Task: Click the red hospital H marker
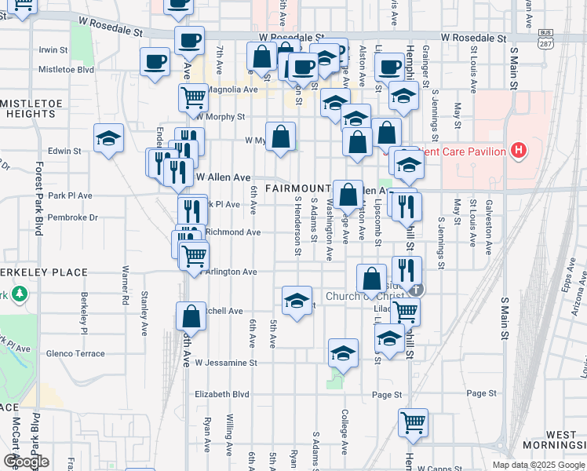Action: click(518, 149)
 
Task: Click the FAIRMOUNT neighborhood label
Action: click(297, 189)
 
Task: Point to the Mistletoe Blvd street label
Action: click(66, 69)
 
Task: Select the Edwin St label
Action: click(65, 151)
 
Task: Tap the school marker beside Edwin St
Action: click(108, 140)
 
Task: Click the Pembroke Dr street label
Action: click(72, 217)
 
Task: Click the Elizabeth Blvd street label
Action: click(221, 395)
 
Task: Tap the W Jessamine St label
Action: click(226, 363)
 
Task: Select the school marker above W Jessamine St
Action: click(343, 354)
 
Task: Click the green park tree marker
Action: click(19, 295)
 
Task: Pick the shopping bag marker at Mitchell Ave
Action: click(191, 317)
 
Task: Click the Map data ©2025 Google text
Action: click(538, 465)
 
